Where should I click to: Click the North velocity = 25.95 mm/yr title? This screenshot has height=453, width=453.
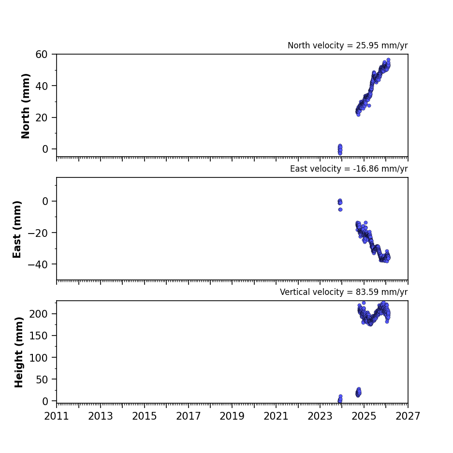click(348, 45)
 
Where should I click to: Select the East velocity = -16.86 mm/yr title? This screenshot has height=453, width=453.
click(349, 169)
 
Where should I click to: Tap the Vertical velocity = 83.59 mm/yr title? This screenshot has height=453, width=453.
click(344, 292)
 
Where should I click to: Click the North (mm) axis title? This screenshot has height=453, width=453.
click(26, 106)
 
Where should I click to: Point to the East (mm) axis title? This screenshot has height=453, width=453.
click(17, 229)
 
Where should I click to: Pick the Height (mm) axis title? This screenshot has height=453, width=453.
click(18, 352)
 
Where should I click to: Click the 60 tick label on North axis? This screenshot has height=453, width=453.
click(42, 54)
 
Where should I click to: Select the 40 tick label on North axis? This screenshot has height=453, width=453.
click(42, 86)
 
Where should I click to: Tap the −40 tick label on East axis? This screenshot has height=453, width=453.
click(38, 264)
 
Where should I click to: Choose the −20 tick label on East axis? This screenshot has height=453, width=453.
click(38, 233)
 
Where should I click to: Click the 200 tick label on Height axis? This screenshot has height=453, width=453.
click(38, 314)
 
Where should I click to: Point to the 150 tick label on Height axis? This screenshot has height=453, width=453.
click(38, 336)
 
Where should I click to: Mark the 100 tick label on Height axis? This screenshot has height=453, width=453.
click(38, 358)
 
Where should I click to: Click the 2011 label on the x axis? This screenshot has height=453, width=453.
click(57, 416)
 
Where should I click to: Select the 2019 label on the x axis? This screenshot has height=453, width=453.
click(232, 416)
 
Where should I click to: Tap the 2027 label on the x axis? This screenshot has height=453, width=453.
click(408, 416)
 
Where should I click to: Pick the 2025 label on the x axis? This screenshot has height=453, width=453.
click(364, 416)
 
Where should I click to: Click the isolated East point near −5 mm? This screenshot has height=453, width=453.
click(340, 209)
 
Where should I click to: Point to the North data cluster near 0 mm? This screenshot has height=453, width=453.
click(340, 150)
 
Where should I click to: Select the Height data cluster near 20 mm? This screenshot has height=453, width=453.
click(359, 393)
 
